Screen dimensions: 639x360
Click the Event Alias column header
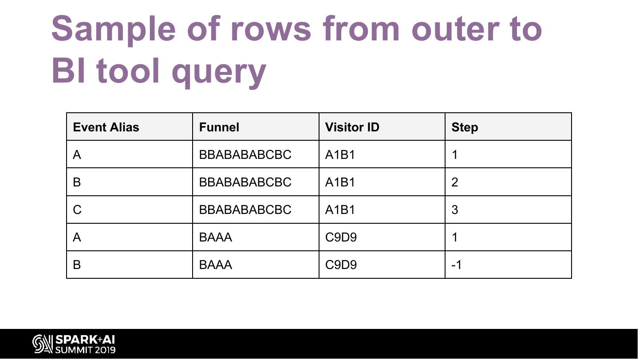[106, 127]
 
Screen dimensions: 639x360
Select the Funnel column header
[219, 127]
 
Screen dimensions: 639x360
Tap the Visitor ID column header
[352, 127]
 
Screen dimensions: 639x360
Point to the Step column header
[465, 127]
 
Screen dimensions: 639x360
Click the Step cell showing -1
[457, 265]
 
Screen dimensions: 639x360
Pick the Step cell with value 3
[455, 210]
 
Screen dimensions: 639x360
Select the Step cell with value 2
[455, 182]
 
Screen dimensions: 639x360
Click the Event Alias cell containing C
[77, 210]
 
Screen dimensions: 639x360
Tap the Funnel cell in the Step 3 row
[245, 210]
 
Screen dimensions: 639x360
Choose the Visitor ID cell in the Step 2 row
[340, 182]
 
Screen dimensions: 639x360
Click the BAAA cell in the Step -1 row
[216, 265]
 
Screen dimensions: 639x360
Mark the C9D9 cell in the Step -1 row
[341, 265]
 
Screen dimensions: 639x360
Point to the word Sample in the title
[113, 29]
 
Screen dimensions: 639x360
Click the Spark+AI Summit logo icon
[43, 344]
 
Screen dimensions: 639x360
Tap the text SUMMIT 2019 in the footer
[85, 350]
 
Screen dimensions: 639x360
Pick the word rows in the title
[271, 29]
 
